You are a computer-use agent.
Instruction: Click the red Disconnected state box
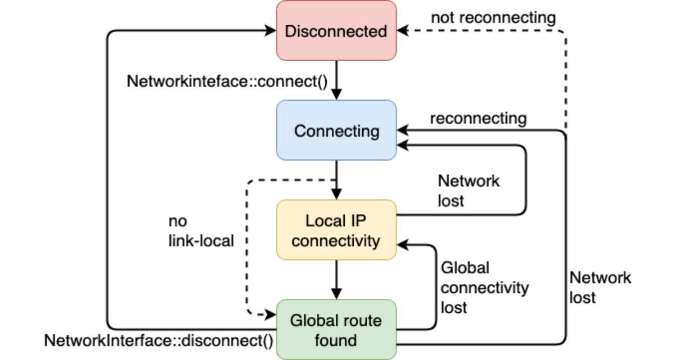pos(336,31)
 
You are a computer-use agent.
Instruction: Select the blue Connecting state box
pos(336,130)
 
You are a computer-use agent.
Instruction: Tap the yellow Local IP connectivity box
pos(336,230)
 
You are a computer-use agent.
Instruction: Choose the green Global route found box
pos(336,329)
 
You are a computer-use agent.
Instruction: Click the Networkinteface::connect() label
pos(227,81)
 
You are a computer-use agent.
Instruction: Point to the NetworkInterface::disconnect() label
pos(158,341)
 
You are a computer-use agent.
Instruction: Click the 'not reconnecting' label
pos(494,18)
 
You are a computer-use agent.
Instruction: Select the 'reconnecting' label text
pos(478,118)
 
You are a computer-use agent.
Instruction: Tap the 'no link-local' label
pos(201,231)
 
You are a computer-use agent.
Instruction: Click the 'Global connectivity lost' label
pos(485,288)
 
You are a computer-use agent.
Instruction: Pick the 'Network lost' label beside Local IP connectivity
pos(468,191)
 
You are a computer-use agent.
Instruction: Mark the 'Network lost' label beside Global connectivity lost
pos(600,288)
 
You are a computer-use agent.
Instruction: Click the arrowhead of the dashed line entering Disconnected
pos(403,31)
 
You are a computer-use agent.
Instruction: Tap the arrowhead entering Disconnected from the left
pos(270,31)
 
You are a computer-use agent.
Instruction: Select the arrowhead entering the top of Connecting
pos(336,94)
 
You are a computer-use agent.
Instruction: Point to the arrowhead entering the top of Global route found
pos(336,294)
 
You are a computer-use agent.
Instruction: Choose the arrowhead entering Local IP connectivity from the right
pos(403,245)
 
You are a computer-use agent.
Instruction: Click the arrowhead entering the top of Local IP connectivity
pos(336,194)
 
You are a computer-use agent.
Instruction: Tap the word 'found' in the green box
pos(336,340)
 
